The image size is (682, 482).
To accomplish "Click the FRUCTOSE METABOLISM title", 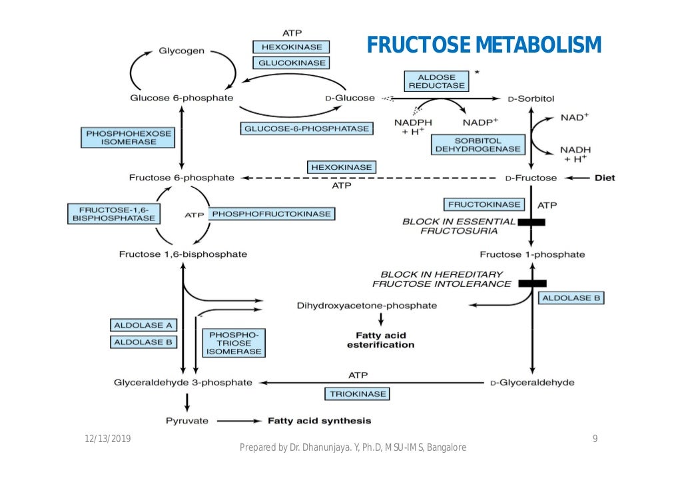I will click(x=484, y=45).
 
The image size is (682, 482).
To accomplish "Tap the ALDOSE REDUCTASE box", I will click(x=436, y=81).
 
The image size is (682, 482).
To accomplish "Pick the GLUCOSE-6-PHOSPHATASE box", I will click(x=306, y=128).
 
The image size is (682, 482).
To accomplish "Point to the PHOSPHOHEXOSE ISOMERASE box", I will click(x=129, y=138).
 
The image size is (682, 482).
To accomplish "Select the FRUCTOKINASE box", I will click(x=484, y=204).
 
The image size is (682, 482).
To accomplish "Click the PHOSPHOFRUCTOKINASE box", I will click(x=271, y=214).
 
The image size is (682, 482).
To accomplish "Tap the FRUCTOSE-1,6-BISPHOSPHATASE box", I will click(x=114, y=214).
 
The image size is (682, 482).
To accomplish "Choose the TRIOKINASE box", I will click(x=358, y=394).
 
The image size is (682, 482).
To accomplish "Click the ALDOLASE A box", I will click(x=143, y=325).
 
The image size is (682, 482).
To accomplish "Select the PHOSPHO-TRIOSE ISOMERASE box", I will click(x=232, y=343).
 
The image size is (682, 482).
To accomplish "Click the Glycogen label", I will click(x=181, y=51).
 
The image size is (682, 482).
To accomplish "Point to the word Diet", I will click(x=605, y=178).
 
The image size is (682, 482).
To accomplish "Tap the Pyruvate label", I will click(x=186, y=421).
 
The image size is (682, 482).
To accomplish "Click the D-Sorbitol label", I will click(x=530, y=99).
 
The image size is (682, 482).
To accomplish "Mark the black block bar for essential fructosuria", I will click(x=531, y=222).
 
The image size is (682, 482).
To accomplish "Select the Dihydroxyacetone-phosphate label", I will click(x=366, y=306).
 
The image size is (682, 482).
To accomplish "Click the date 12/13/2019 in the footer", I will click(x=108, y=438).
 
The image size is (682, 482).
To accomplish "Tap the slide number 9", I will click(x=595, y=438).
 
